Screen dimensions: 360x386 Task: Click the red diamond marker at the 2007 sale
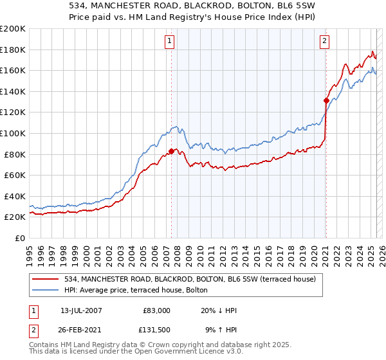171,151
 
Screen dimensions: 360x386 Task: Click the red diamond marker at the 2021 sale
326,100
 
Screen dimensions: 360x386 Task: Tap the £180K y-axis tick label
13,50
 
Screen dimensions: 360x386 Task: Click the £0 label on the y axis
19,238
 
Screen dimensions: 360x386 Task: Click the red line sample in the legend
47,279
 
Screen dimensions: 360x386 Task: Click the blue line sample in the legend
47,290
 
